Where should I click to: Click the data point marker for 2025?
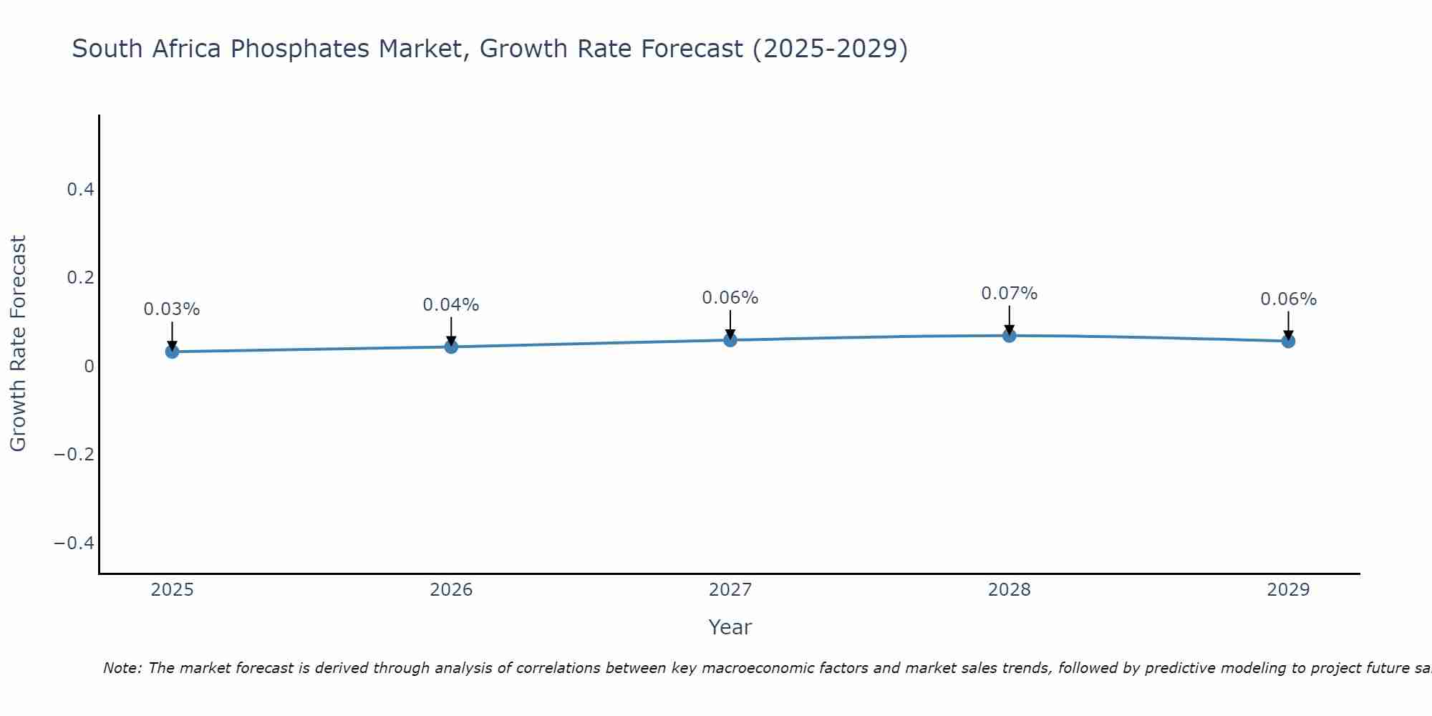[172, 352]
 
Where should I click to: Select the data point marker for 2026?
[451, 347]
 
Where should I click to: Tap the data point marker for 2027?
[730, 340]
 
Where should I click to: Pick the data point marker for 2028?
[1009, 335]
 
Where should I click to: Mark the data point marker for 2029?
[1288, 341]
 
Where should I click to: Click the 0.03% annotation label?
[172, 309]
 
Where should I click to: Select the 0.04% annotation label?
[451, 305]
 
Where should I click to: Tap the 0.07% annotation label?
[1009, 294]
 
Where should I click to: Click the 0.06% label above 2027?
[730, 298]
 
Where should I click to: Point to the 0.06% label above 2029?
[1288, 299]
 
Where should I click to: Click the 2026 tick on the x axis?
[451, 590]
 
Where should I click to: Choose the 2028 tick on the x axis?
[1009, 590]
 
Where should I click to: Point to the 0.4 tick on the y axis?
[80, 190]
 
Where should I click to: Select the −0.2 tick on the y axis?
[74, 455]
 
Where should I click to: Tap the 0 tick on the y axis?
[89, 367]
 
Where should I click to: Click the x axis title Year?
[730, 627]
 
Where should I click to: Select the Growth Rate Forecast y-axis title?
[19, 344]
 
